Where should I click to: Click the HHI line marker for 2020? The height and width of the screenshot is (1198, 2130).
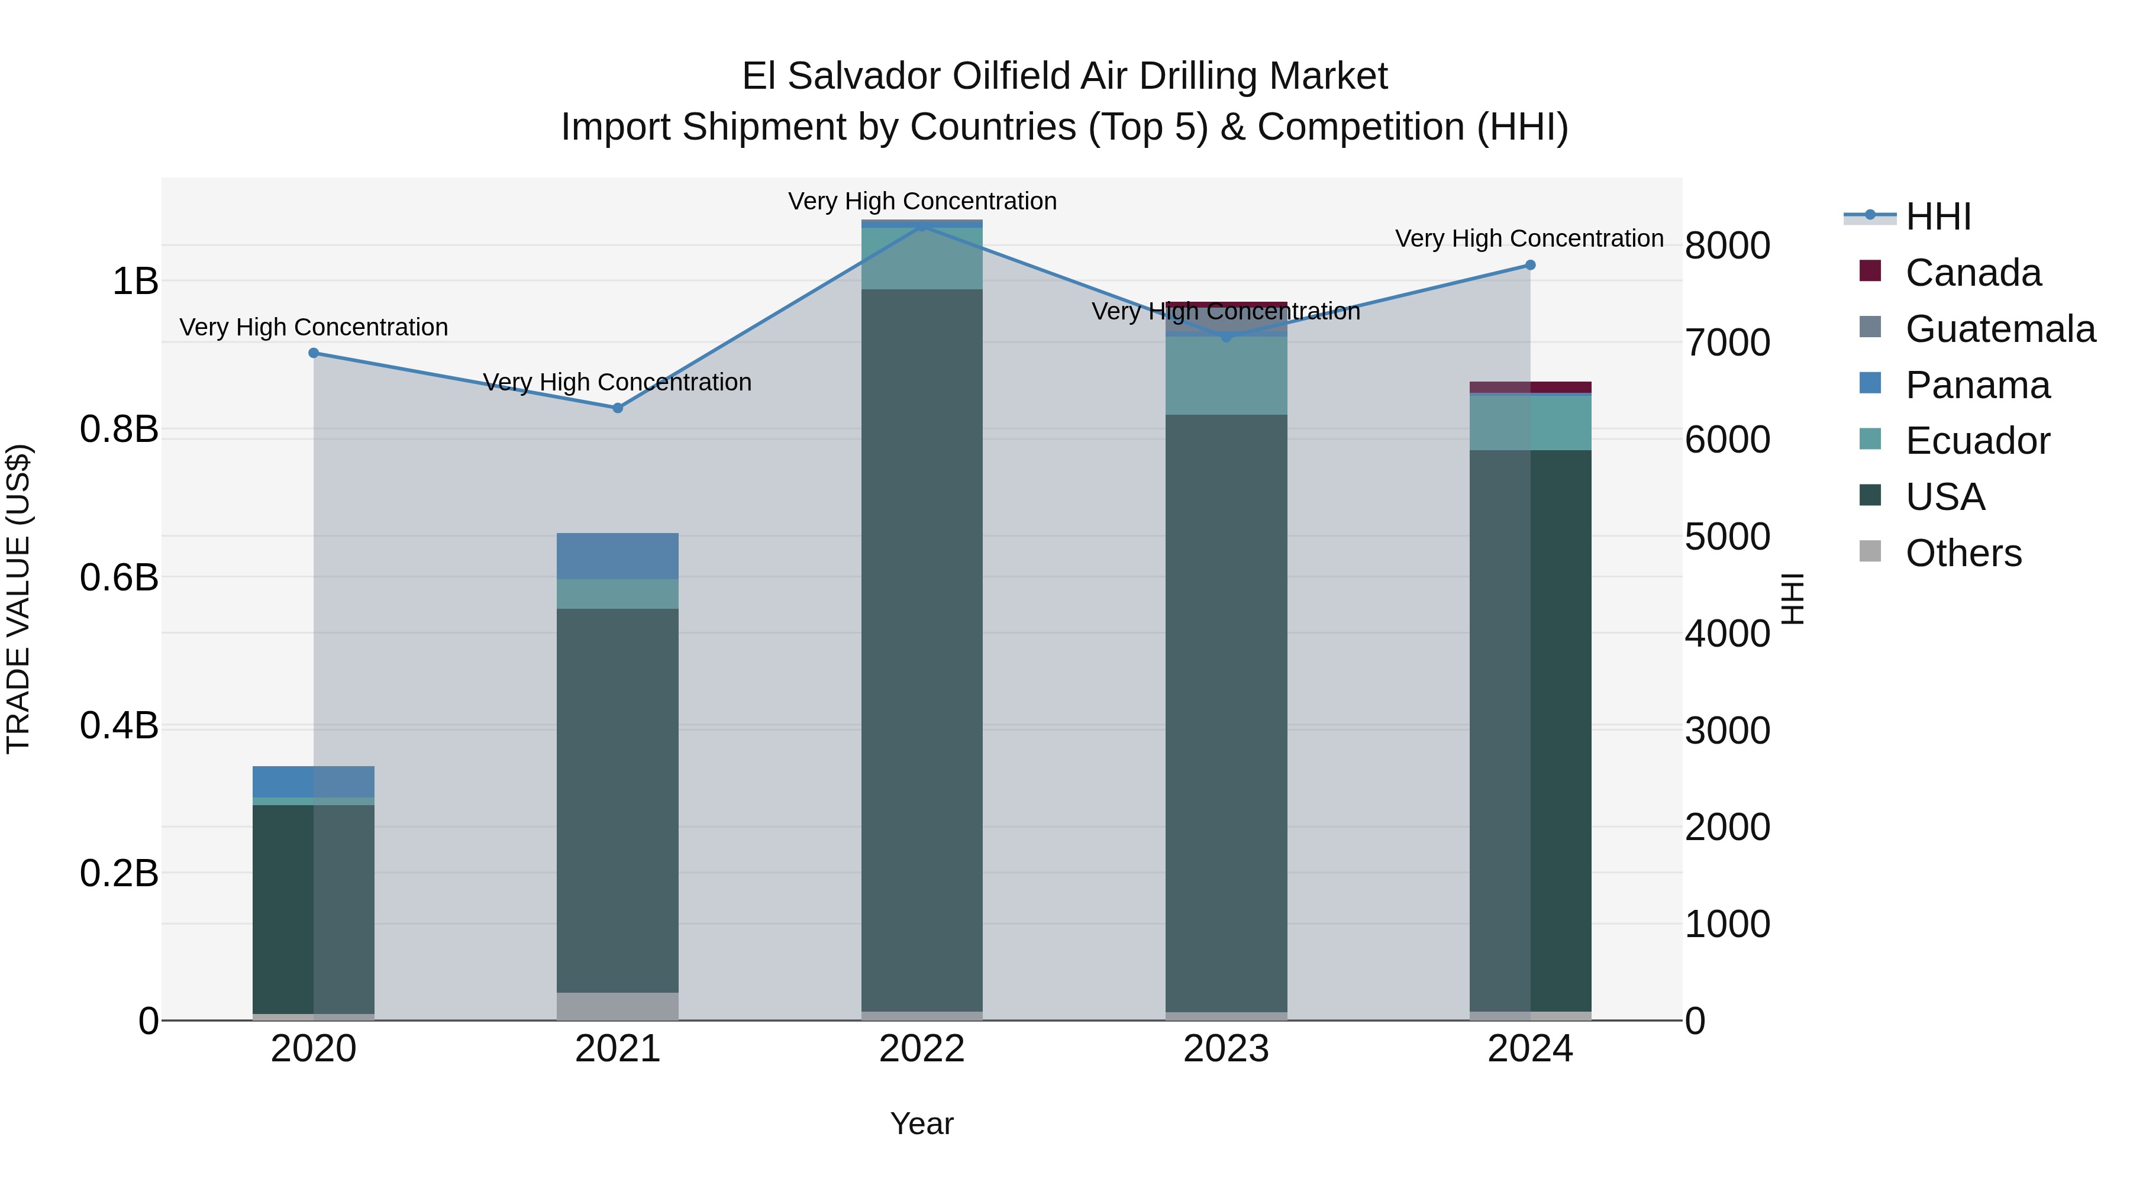(314, 353)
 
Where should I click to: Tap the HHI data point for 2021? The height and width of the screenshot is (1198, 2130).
(618, 408)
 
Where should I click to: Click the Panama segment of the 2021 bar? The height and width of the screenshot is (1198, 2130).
(618, 556)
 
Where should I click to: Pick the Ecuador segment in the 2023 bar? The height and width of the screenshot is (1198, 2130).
(1227, 376)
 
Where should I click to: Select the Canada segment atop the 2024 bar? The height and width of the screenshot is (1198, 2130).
(1529, 387)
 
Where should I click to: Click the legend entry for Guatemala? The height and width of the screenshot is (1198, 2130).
(1999, 329)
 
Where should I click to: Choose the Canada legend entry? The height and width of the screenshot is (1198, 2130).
(1972, 273)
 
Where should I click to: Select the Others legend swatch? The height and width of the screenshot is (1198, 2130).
(1870, 551)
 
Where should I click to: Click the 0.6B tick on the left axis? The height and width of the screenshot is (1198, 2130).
(119, 577)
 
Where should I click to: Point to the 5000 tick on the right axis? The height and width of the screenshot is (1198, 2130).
(1727, 537)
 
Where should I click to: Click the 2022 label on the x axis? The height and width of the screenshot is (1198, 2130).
(922, 1049)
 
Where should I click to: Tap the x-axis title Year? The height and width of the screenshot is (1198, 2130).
(922, 1123)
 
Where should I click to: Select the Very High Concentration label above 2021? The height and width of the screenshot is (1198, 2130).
(618, 382)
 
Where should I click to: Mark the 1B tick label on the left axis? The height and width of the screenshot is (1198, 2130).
(135, 281)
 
